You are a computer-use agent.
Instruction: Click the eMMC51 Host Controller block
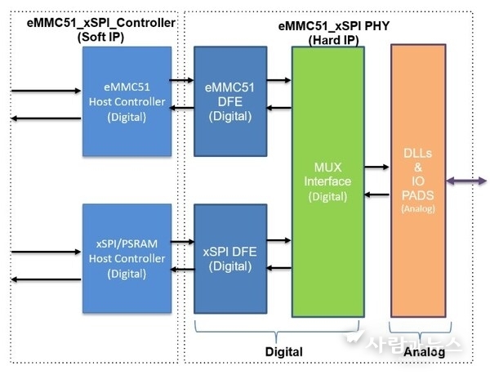[126, 101]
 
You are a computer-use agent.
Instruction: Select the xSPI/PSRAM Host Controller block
[126, 260]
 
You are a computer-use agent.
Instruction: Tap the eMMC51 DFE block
[229, 101]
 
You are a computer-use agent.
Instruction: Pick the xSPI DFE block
[229, 260]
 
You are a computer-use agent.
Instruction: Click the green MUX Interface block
[328, 181]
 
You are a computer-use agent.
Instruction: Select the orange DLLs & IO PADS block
[417, 181]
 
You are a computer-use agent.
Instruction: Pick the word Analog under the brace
[424, 351]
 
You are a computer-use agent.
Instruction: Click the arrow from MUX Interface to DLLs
[376, 167]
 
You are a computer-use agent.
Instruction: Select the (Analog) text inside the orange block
[417, 208]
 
